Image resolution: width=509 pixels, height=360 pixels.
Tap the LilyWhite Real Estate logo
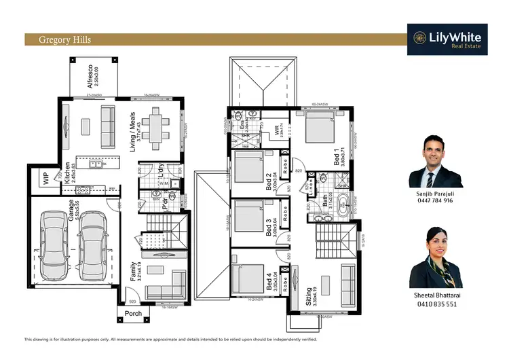(447, 39)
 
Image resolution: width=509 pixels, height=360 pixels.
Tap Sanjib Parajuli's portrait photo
(436, 161)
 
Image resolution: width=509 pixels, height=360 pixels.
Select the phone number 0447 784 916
(436, 201)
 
